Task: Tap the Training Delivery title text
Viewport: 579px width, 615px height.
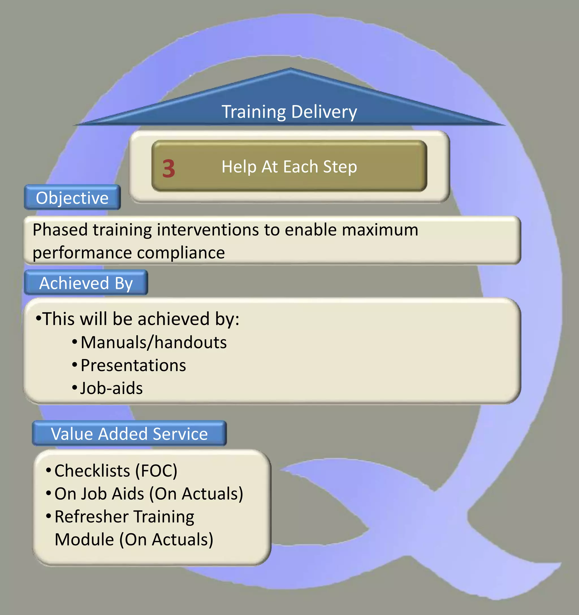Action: click(289, 112)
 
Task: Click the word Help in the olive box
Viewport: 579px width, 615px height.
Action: click(239, 167)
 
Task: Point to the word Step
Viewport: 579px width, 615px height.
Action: click(340, 167)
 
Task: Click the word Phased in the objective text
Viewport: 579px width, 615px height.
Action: click(60, 230)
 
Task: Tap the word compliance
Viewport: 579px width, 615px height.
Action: click(181, 253)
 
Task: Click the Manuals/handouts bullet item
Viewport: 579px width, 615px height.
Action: click(154, 343)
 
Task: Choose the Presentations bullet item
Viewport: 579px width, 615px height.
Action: click(133, 365)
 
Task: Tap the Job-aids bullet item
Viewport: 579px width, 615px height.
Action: click(111, 388)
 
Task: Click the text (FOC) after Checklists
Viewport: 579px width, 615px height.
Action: click(156, 471)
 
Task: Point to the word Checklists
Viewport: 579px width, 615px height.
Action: click(92, 471)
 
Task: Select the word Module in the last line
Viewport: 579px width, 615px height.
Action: click(84, 540)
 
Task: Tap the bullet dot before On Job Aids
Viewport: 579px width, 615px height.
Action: click(49, 493)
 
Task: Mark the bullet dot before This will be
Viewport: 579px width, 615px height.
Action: click(38, 318)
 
